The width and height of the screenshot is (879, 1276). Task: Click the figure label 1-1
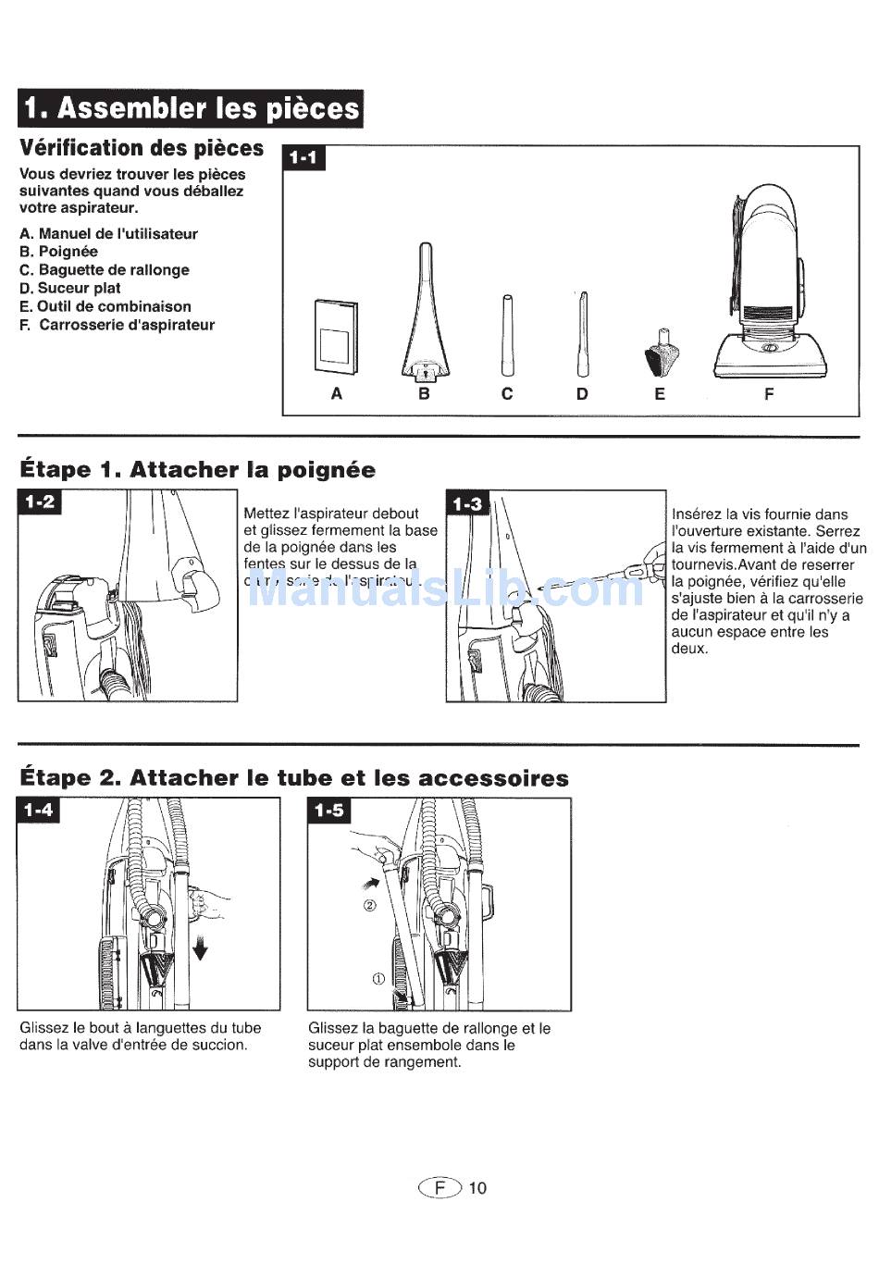(303, 157)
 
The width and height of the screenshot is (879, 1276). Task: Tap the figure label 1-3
(467, 503)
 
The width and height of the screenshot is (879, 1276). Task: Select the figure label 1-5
(328, 811)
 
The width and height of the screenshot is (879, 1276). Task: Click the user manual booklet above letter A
(336, 334)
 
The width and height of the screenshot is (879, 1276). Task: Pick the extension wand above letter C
(507, 334)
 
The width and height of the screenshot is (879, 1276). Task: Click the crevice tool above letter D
(582, 334)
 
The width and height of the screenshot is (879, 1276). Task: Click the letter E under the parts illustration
(660, 394)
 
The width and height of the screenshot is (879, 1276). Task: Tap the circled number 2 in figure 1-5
(369, 905)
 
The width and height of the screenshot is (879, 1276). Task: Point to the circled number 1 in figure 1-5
(378, 979)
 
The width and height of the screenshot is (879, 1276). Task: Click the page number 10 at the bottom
(477, 1188)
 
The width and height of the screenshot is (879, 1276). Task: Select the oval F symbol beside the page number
(439, 1188)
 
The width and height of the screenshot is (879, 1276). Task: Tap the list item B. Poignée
(58, 252)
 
